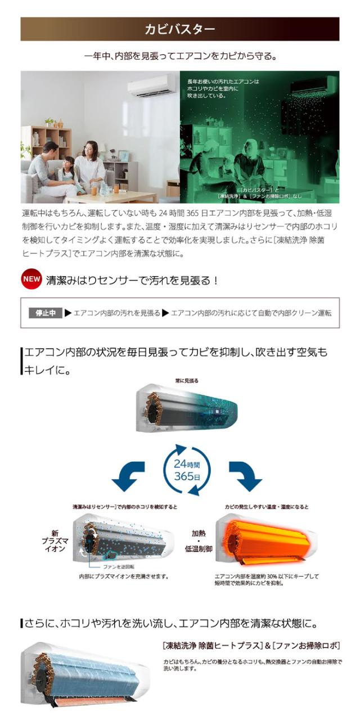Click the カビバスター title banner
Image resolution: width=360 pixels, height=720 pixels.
tap(180, 29)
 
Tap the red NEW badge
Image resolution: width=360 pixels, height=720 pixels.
tap(31, 280)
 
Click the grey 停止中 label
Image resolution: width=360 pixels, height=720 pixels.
tap(45, 313)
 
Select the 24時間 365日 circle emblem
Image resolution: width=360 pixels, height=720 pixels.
tap(186, 470)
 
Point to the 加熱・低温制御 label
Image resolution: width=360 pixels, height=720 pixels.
tap(202, 541)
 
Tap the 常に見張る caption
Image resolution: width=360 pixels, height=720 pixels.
tap(186, 381)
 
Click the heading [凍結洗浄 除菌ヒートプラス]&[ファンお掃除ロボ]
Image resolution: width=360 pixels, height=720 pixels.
tap(251, 646)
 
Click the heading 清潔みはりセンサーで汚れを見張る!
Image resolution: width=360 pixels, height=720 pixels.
tap(132, 280)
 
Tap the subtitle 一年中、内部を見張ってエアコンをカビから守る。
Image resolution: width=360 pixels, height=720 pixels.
tap(180, 56)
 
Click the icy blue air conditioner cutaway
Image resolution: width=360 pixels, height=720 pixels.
tap(84, 675)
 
